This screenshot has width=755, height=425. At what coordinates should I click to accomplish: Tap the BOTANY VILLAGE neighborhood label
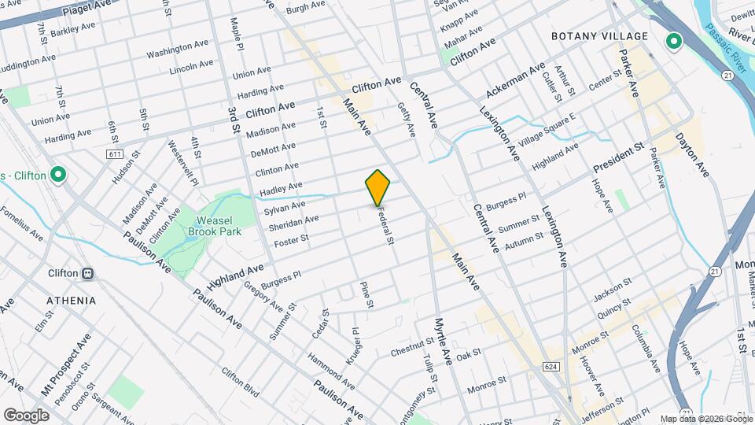[599, 36]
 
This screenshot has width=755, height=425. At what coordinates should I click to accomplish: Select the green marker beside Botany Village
[673, 41]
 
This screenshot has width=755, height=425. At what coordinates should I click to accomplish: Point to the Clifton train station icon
[88, 273]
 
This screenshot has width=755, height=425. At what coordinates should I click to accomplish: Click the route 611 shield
[115, 154]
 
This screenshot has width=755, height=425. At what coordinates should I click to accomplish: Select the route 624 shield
[550, 366]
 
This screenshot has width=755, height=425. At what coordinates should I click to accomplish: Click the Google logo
[26, 415]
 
